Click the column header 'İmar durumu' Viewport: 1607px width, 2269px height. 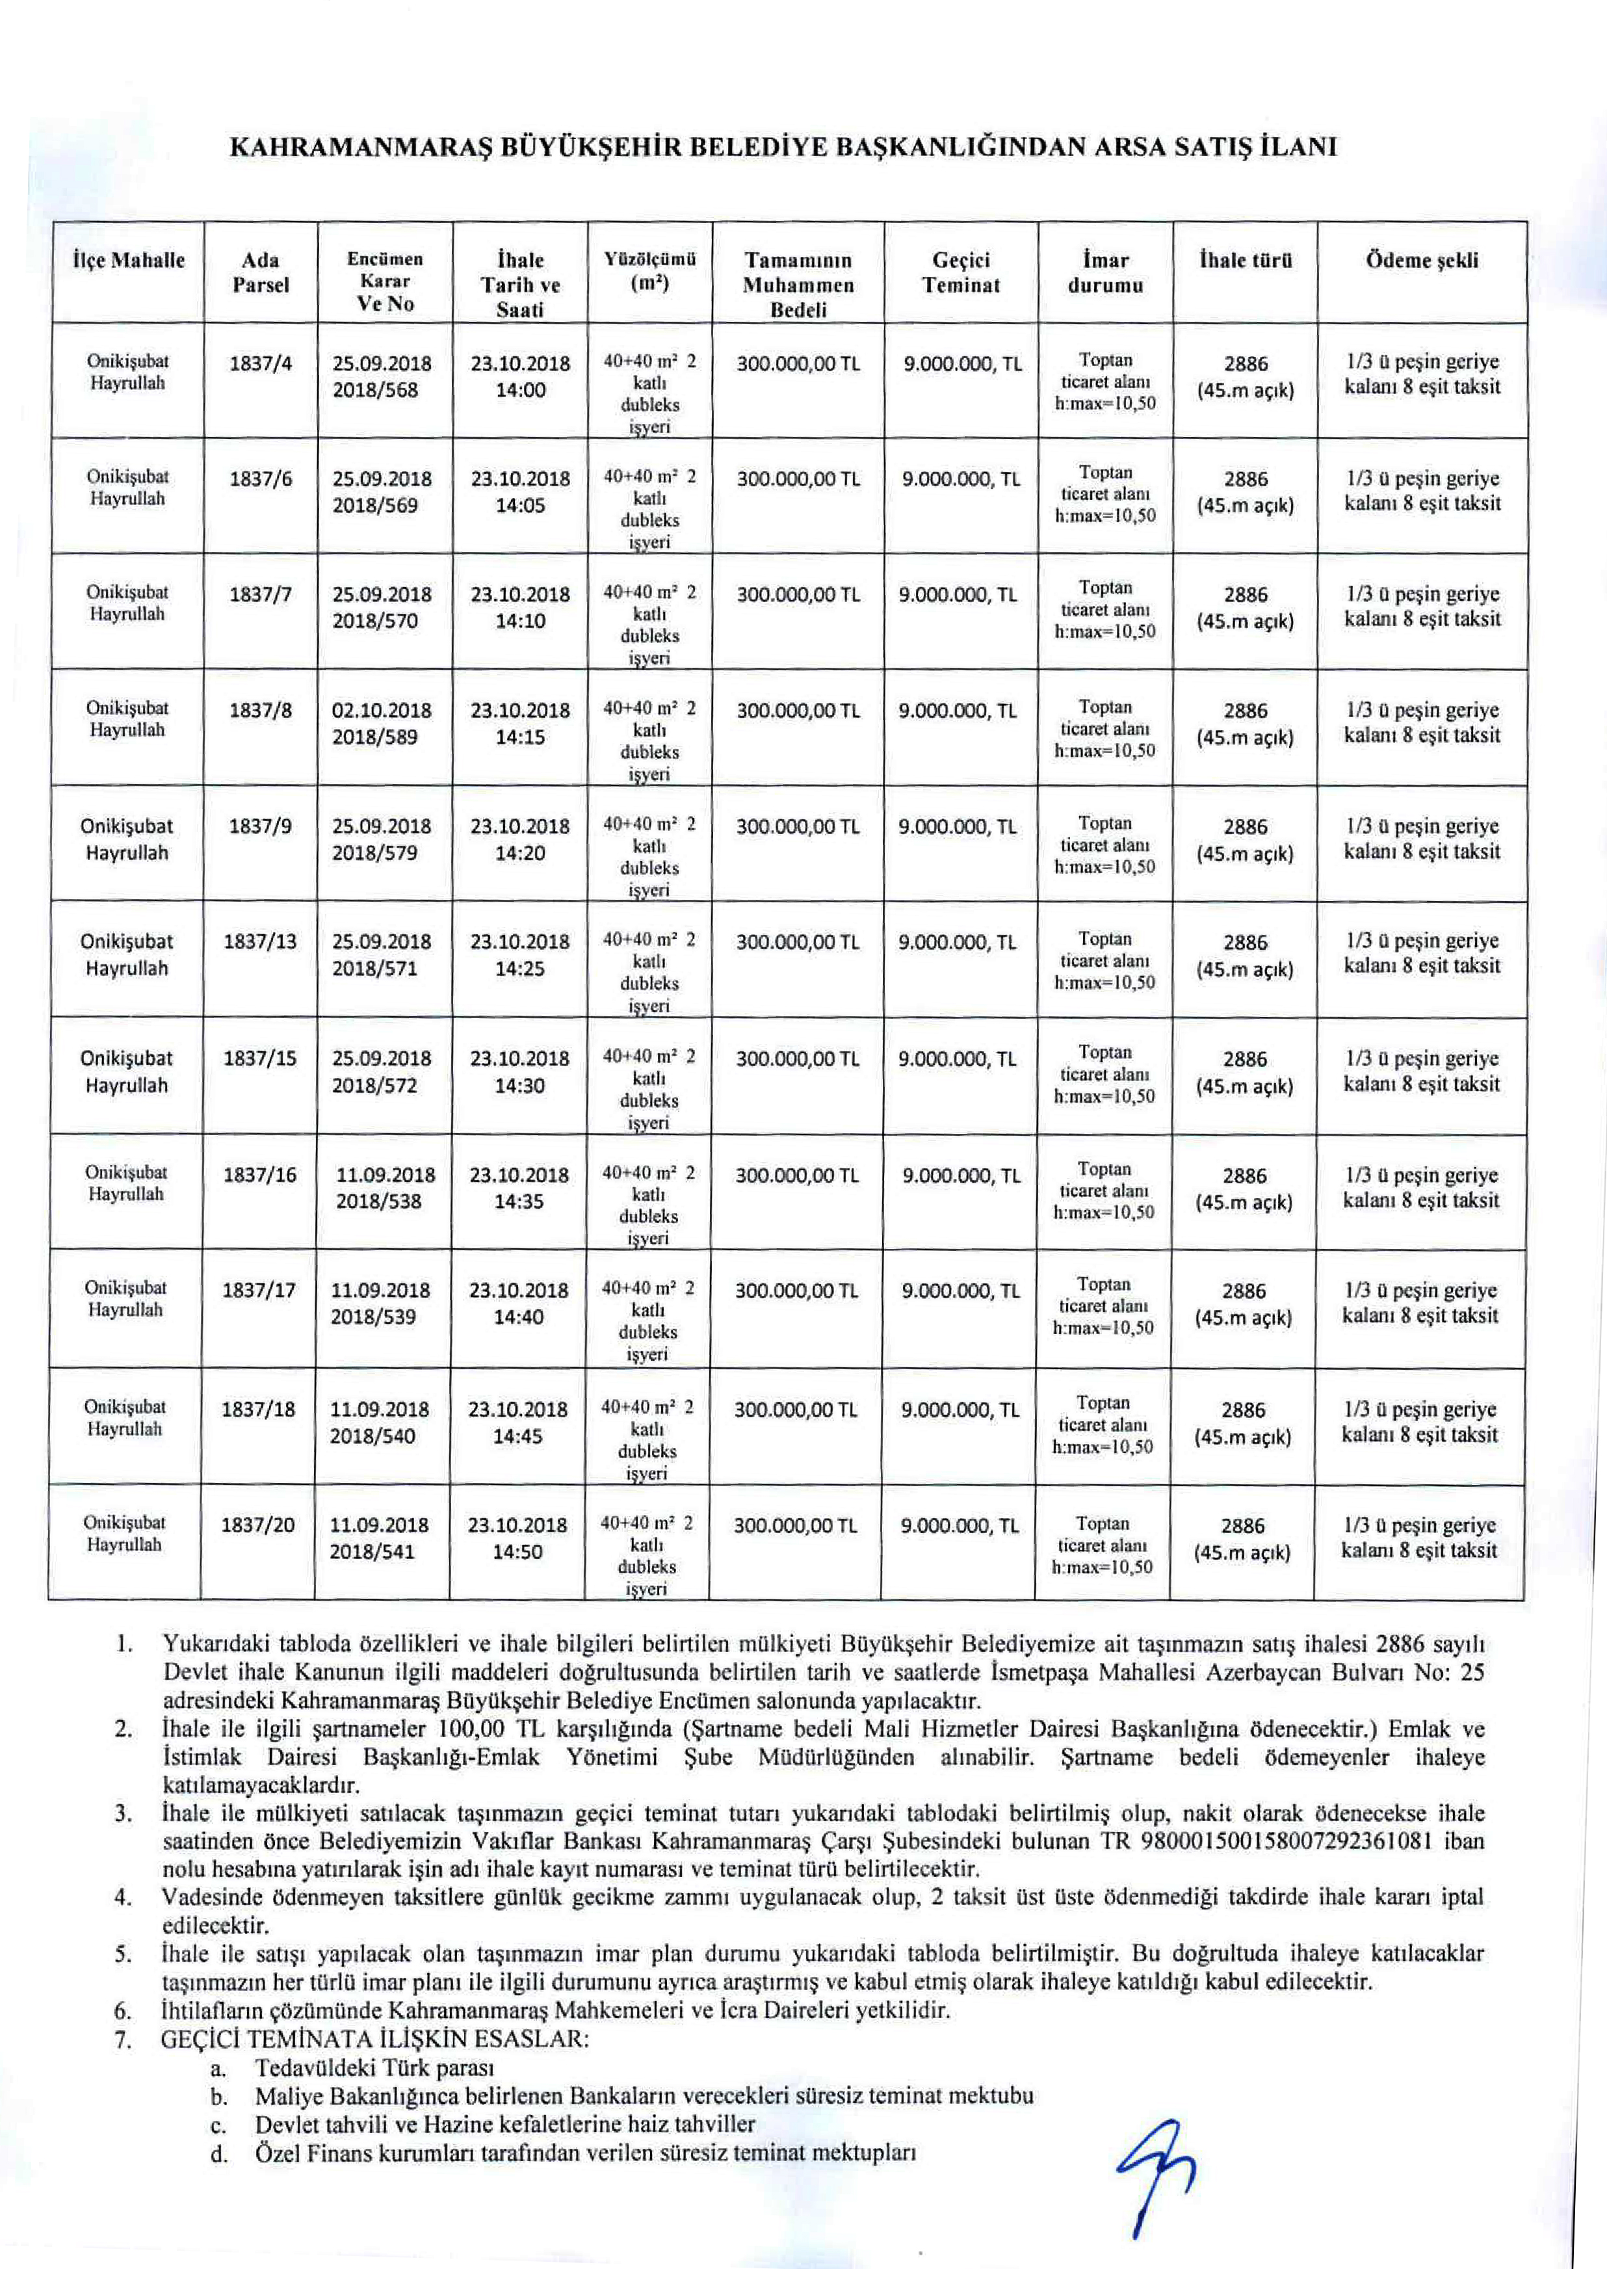pos(1105,273)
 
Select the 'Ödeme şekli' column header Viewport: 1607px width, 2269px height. pos(1422,261)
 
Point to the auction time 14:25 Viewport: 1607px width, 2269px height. pos(519,969)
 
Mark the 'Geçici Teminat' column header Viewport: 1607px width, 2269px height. pos(961,273)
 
